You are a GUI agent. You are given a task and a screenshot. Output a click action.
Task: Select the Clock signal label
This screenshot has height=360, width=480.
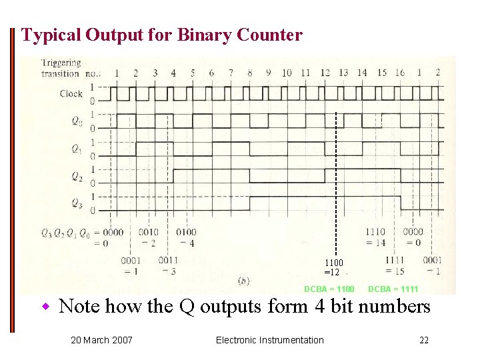(x=71, y=93)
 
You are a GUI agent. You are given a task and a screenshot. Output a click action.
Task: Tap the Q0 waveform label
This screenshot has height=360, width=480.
(x=78, y=122)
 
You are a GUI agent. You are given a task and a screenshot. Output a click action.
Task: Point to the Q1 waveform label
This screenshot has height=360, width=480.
(x=78, y=149)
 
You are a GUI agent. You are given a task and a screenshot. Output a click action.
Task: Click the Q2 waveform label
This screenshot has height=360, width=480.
(x=78, y=177)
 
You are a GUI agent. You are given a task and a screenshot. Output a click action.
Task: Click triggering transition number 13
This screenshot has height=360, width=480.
(x=343, y=73)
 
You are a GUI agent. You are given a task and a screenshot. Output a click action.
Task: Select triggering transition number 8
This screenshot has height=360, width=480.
(x=249, y=73)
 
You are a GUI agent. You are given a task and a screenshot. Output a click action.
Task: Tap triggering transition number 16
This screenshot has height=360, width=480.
(x=399, y=73)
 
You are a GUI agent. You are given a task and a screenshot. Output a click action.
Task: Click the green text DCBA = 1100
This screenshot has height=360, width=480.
(x=329, y=289)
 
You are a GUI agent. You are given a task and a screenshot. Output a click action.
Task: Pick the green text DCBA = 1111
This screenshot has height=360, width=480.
(x=393, y=289)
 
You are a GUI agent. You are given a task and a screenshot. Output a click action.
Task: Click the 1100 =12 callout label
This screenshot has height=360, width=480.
(x=333, y=267)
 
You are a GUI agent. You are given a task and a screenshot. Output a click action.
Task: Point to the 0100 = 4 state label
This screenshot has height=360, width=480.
(x=186, y=237)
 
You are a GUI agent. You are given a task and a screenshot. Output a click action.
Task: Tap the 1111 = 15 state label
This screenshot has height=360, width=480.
(x=395, y=265)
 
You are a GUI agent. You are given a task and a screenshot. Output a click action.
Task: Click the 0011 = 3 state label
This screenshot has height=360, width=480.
(x=169, y=265)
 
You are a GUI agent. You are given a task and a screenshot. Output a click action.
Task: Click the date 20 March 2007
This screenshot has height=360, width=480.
(x=101, y=340)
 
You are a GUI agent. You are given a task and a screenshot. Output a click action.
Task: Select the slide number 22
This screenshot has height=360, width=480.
(x=424, y=340)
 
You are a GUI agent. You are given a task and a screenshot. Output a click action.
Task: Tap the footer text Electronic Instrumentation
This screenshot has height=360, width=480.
(x=269, y=340)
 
